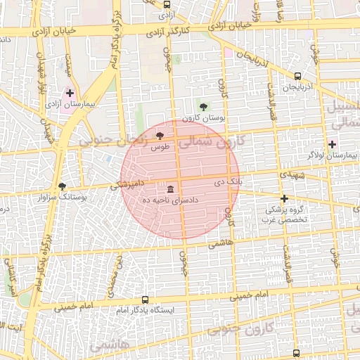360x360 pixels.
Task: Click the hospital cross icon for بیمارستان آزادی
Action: coord(70,93)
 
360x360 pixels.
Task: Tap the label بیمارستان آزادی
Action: coord(70,104)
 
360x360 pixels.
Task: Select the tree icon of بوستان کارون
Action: coord(203,107)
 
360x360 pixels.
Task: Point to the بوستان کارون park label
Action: coord(202,118)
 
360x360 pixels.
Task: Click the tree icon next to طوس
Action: coord(160,134)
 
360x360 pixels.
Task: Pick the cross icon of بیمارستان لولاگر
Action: coord(332,143)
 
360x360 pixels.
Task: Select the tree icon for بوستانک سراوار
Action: coord(63,186)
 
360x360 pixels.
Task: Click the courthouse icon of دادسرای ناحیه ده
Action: coord(171,189)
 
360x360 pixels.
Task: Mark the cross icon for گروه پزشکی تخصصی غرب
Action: coord(284,198)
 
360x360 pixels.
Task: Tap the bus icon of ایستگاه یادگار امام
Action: coord(145,300)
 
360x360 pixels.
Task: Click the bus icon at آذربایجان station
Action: coord(297,76)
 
